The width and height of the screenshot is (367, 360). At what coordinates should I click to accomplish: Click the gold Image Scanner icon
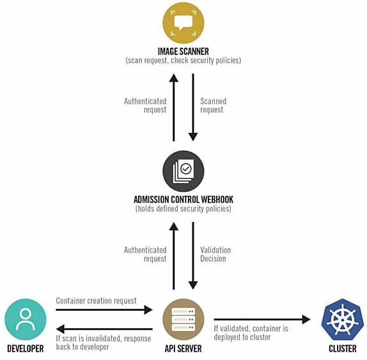click(183, 23)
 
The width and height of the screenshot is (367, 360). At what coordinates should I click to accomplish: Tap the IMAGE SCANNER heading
click(183, 51)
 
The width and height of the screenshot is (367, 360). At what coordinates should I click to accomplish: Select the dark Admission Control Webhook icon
click(183, 171)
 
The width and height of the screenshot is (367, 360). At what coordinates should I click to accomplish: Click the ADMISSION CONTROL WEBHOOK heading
click(183, 200)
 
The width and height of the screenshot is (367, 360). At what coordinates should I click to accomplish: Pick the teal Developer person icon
click(26, 319)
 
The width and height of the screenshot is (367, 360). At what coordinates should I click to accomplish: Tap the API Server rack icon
click(183, 319)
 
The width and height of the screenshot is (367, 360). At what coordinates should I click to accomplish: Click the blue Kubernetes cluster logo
click(343, 319)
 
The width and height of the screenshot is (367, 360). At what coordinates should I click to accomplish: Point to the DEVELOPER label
click(26, 348)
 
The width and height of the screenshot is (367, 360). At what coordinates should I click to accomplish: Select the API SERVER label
click(183, 348)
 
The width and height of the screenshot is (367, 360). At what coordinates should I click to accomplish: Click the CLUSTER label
click(343, 348)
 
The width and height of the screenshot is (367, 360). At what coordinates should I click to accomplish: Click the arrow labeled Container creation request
click(104, 310)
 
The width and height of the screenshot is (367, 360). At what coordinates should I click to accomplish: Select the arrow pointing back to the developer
click(104, 329)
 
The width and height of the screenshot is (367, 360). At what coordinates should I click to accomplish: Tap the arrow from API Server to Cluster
click(262, 319)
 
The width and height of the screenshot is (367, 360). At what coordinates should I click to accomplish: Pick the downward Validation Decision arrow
click(193, 256)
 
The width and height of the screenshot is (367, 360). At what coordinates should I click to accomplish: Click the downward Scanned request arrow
click(193, 107)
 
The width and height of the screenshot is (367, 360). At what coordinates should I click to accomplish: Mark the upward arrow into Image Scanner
click(174, 107)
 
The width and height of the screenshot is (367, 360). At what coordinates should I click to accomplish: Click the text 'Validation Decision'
click(215, 254)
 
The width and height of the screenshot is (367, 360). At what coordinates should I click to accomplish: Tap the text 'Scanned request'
click(213, 106)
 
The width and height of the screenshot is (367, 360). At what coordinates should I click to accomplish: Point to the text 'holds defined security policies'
click(183, 208)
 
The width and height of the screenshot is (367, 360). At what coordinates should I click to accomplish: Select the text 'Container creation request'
click(96, 301)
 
